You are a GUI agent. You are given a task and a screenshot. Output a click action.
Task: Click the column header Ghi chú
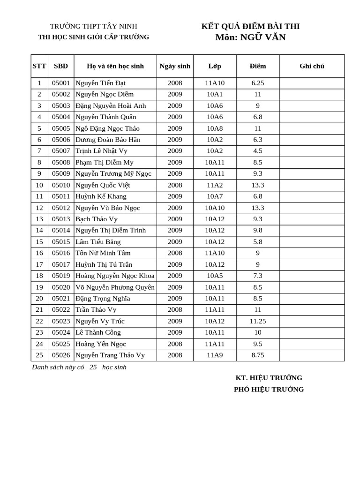pos(312,66)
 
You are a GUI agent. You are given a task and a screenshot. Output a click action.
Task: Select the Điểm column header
pos(257,66)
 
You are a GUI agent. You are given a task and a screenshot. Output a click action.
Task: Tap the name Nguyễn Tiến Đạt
pos(100,83)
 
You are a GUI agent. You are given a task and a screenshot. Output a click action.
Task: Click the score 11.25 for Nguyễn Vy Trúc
pos(257,321)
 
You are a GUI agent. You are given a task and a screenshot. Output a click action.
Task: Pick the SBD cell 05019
pos(61,276)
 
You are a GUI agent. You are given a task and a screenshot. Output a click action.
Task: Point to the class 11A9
pos(215,355)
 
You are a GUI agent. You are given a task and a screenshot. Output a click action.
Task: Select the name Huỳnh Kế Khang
pos(101,196)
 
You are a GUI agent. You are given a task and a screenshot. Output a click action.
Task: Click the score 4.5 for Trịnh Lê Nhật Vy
pos(257,151)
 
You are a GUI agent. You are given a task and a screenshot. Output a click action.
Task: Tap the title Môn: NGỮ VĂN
pos(250,37)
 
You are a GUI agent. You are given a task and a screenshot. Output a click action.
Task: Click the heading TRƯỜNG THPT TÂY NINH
pos(94,26)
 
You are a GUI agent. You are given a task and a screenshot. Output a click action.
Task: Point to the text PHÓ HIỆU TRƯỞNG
pos(269,390)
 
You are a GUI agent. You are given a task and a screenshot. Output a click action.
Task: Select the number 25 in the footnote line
pos(93,367)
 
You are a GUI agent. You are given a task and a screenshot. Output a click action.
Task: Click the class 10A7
pos(215,196)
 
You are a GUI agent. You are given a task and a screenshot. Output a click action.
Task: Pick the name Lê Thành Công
pos(98,332)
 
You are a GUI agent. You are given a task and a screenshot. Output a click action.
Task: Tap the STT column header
pos(39,66)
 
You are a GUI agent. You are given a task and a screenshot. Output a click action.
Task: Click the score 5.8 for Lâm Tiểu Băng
pos(257,242)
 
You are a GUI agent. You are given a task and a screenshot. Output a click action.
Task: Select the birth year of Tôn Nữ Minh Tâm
pos(175,253)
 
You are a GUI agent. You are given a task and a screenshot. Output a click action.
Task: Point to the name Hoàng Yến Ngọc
pos(101,344)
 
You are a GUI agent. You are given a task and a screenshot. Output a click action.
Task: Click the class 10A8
pos(215,128)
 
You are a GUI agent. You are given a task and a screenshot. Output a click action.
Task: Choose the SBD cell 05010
pos(61,185)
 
